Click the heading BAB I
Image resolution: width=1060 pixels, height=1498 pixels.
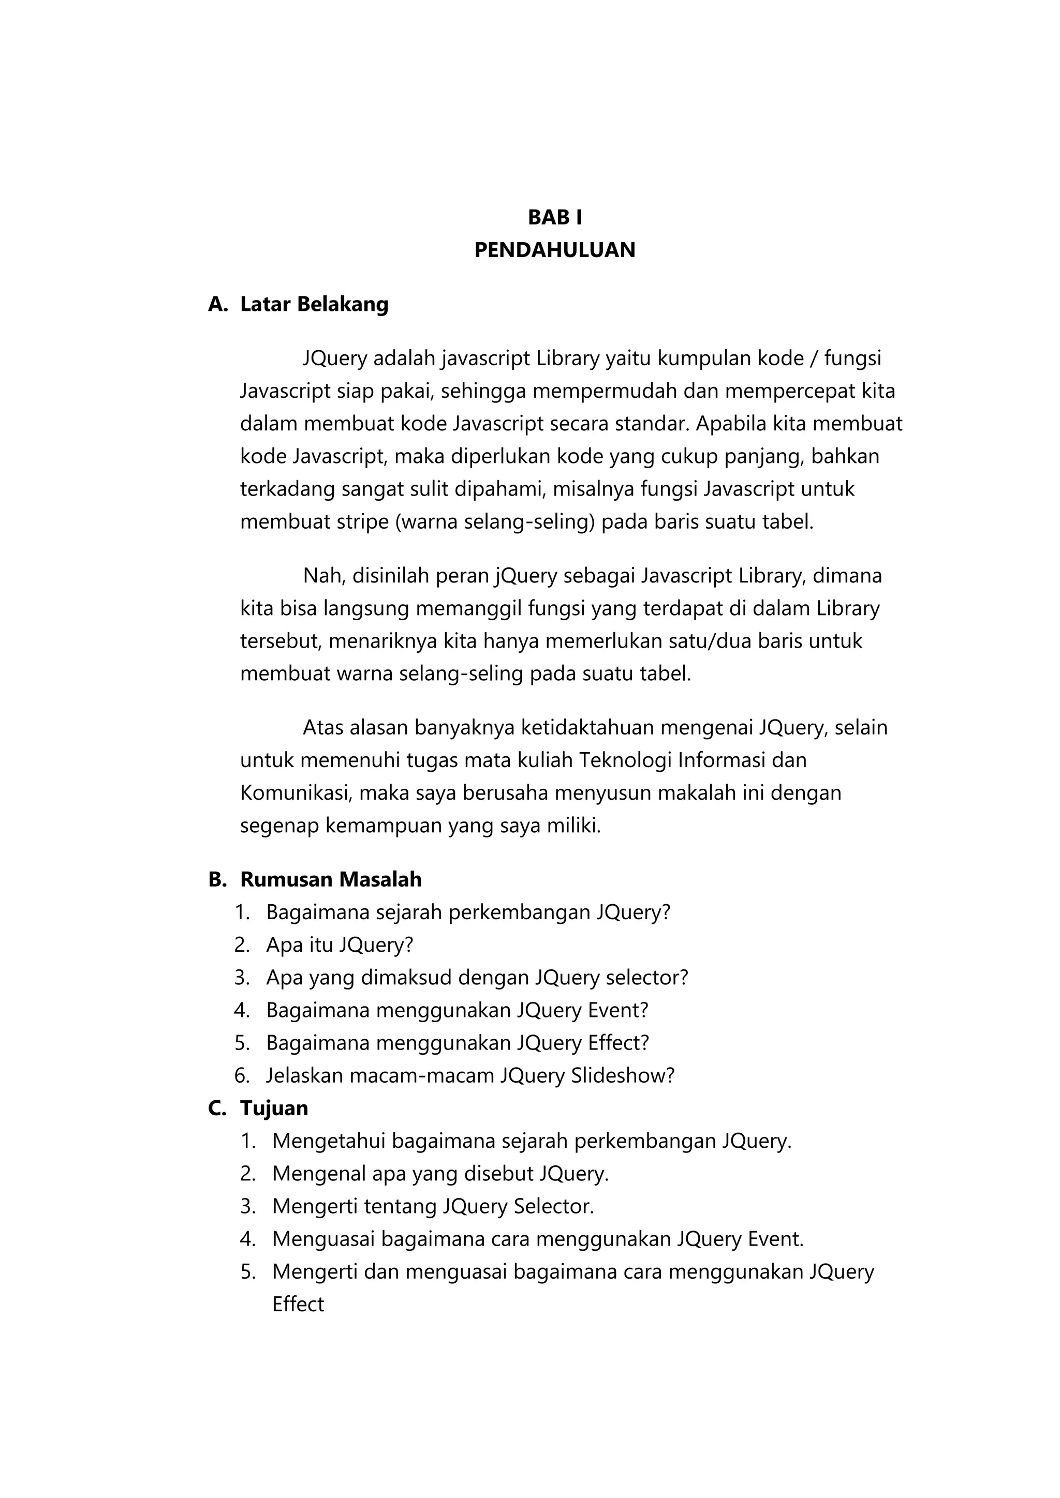click(x=555, y=217)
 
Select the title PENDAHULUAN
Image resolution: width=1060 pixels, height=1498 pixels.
click(x=555, y=250)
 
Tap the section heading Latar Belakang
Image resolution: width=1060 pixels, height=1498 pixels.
click(x=314, y=304)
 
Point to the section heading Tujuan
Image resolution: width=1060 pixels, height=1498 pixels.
click(x=274, y=1108)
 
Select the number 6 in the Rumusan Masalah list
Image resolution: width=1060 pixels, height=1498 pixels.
click(x=242, y=1075)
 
